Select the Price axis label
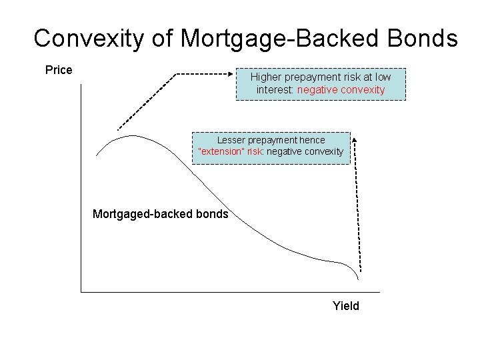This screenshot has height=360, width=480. click(x=59, y=70)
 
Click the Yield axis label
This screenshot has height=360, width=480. click(x=346, y=306)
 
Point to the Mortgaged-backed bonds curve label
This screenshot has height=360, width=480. click(x=160, y=214)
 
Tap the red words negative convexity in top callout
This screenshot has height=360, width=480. click(x=341, y=89)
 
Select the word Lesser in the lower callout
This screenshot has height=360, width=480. click(x=231, y=141)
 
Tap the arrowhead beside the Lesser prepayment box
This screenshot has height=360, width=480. click(x=354, y=139)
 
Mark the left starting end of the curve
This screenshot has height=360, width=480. click(x=97, y=155)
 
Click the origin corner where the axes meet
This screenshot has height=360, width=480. click(x=81, y=291)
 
